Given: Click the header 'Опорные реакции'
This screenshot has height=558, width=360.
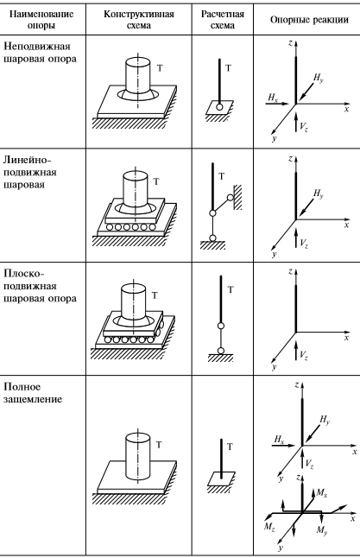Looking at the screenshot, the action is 309,20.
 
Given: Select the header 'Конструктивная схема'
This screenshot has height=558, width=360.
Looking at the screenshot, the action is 139,20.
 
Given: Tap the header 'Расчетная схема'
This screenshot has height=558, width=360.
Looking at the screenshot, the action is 223,20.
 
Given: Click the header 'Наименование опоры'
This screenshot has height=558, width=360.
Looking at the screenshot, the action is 41,20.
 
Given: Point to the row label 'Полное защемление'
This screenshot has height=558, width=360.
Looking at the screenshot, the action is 33,393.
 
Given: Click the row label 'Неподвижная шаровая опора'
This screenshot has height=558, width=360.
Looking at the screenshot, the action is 40,53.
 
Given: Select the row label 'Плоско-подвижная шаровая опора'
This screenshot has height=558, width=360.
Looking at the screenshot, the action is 40,286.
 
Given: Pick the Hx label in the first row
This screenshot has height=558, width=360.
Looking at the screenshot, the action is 273,97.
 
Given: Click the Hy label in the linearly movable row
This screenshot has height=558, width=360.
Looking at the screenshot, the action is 319,194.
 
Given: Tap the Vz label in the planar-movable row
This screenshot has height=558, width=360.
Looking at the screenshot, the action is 303,356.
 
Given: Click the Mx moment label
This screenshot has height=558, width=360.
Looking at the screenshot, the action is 322,493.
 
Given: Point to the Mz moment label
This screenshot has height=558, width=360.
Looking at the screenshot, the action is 269,527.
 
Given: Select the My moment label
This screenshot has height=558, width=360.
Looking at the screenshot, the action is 322,530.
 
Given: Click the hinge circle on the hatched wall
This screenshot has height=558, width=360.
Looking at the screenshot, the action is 231,198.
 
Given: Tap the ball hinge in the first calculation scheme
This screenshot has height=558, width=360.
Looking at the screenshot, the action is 219,107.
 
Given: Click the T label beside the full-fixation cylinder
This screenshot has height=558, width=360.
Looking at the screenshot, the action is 159,445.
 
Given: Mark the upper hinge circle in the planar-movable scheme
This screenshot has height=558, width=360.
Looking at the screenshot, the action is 221,326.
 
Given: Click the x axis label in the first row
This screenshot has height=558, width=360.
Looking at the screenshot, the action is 346,109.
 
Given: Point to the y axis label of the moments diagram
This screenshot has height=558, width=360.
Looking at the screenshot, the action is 281,548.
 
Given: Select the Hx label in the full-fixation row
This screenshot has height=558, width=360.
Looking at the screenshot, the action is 279,440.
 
